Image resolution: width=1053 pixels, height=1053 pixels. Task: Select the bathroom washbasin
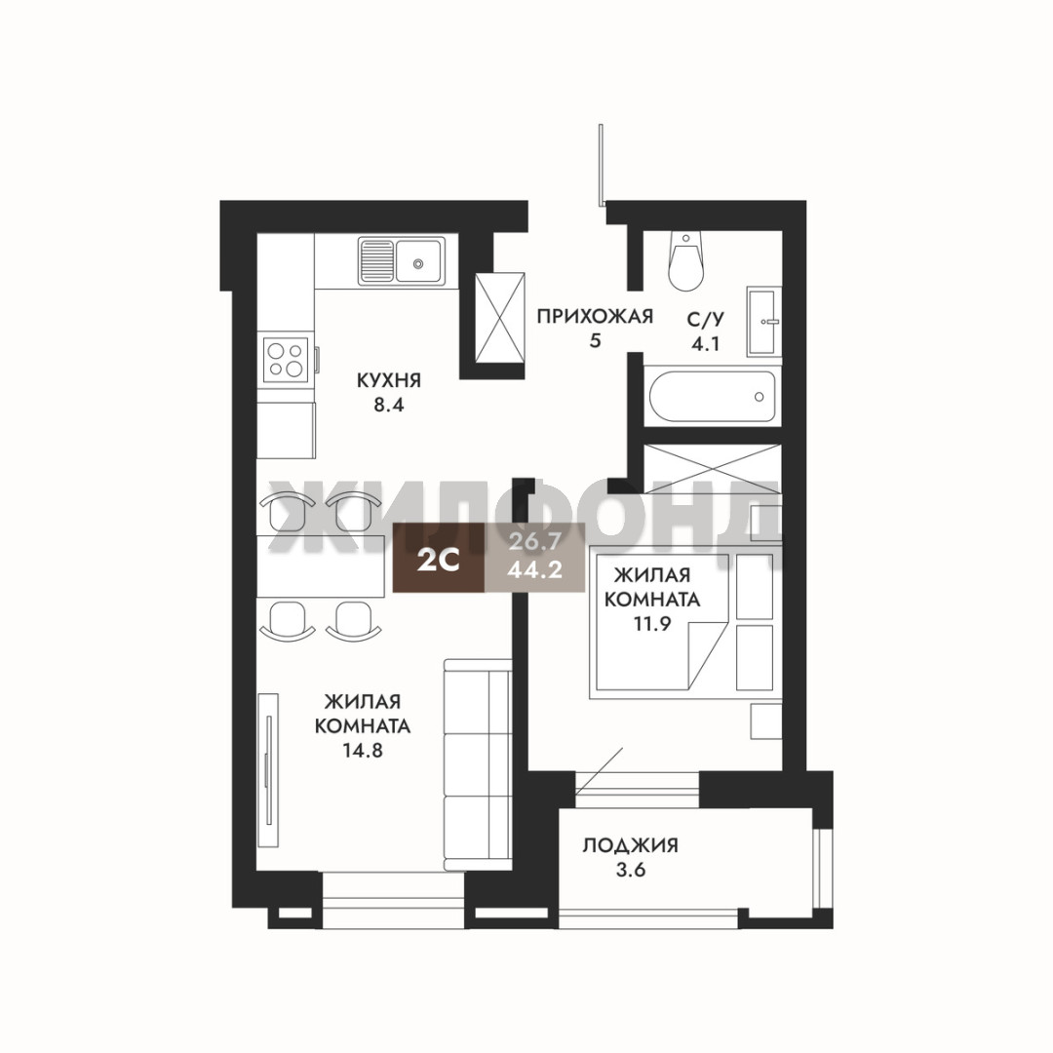[x=763, y=322]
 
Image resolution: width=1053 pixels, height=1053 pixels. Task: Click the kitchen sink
[x=401, y=260]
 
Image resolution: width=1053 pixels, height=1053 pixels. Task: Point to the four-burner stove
[x=286, y=359]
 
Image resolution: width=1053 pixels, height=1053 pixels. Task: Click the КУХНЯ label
[x=388, y=381]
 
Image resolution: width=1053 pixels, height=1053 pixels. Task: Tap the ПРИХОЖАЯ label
[x=595, y=316]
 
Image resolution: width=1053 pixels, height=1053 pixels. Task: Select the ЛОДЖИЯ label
[x=630, y=844]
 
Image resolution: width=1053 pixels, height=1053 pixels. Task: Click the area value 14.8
[x=363, y=750]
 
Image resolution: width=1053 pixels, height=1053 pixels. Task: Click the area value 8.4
[x=389, y=406]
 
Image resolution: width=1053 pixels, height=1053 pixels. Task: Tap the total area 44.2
[x=534, y=570]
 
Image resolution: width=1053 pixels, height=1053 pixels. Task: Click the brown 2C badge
[x=439, y=558]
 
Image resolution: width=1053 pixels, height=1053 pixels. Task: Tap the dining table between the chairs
[x=321, y=565]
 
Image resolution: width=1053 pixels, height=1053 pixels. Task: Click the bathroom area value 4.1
[x=706, y=344]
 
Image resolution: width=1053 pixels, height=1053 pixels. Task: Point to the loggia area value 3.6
[x=631, y=871]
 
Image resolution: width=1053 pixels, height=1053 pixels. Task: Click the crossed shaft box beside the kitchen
[x=499, y=318]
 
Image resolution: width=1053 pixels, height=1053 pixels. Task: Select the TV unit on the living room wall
[x=269, y=770]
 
